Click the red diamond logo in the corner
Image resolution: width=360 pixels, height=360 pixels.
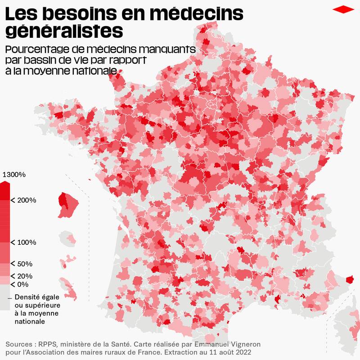344,9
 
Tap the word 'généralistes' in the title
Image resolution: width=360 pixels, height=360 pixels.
64,31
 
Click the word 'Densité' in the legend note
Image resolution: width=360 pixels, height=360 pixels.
28,297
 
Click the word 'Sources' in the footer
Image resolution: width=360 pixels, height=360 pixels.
20,344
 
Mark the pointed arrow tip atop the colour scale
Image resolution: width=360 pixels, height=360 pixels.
4,183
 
